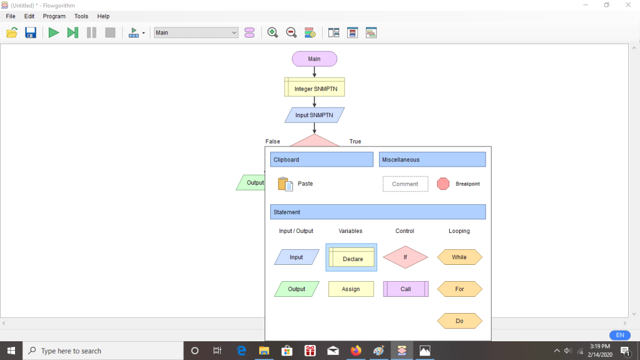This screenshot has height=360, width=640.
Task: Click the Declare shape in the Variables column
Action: (351, 257)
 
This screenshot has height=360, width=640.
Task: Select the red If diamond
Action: (405, 257)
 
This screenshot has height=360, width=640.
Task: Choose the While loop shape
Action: (459, 257)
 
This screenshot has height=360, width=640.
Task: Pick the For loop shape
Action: (459, 289)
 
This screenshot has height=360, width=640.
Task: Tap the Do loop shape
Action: (459, 321)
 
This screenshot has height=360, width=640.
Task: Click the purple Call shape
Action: (405, 289)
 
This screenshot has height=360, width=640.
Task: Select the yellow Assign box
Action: (351, 289)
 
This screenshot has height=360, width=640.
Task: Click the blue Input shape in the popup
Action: (297, 257)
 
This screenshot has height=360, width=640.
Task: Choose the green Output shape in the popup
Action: (297, 289)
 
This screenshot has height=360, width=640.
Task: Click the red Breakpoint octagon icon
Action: (443, 184)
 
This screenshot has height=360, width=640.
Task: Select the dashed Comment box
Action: (405, 184)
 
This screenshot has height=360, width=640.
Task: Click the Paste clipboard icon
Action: (285, 184)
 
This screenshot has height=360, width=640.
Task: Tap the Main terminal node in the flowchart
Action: (314, 59)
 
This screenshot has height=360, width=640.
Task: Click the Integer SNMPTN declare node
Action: (314, 89)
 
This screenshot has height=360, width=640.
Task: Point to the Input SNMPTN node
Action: (314, 115)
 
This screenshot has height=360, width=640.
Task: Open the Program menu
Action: (54, 16)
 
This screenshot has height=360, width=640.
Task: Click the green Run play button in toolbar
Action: (54, 33)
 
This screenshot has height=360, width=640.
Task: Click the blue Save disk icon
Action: (31, 33)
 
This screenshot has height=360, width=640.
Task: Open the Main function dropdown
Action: (196, 33)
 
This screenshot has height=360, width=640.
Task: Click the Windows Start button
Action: (11, 351)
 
